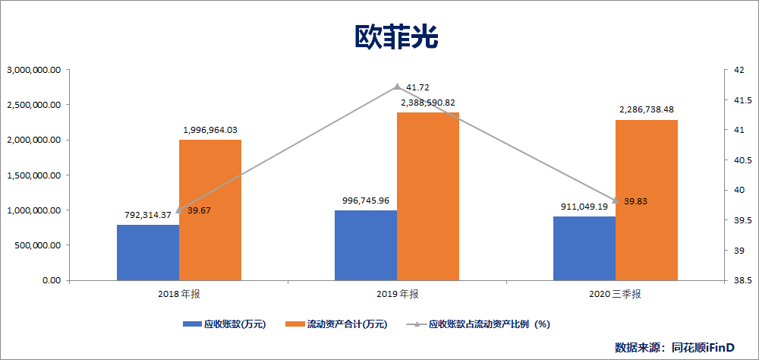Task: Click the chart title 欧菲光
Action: [x=396, y=37]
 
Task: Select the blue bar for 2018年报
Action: [x=148, y=252]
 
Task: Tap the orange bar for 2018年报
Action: [x=210, y=210]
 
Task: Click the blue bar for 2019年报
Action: [x=366, y=245]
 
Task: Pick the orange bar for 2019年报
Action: [x=428, y=196]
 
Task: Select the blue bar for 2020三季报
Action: [x=584, y=248]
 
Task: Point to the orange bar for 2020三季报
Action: [x=646, y=200]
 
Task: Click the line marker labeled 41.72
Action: [x=397, y=87]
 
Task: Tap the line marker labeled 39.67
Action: [x=179, y=210]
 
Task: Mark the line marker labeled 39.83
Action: [x=615, y=201]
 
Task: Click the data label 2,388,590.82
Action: [x=428, y=103]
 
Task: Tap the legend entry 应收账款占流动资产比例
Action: [x=479, y=324]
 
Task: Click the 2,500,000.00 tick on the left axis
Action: [x=33, y=105]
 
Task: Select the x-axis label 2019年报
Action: [x=397, y=294]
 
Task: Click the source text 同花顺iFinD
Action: [x=703, y=347]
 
